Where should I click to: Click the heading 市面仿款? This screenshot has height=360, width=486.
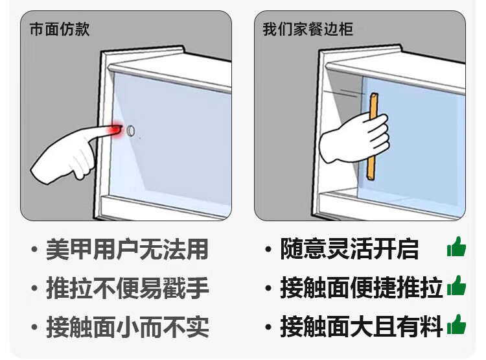click(60, 29)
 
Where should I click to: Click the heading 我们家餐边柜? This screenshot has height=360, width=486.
click(308, 29)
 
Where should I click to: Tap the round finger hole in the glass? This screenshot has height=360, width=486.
click(130, 131)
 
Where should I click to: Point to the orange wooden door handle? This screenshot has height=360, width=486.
click(372, 137)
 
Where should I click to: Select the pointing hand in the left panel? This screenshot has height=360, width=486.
click(75, 152)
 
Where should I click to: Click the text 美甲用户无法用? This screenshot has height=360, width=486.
click(127, 249)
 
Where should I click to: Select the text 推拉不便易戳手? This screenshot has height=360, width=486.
click(127, 288)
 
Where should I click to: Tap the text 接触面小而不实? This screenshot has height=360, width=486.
click(127, 327)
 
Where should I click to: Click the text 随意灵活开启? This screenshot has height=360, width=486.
click(349, 249)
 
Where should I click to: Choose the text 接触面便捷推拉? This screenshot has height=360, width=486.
click(362, 288)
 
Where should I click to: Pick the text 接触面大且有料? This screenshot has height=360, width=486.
click(362, 327)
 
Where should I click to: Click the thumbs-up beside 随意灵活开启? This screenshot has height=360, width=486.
click(457, 247)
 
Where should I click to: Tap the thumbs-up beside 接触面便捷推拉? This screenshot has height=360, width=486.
click(457, 286)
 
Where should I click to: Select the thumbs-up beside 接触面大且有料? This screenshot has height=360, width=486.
click(457, 324)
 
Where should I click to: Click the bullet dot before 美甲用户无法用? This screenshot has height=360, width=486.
click(34, 249)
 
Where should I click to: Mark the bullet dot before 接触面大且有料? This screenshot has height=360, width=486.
click(268, 327)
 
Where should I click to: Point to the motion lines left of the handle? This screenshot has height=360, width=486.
click(344, 93)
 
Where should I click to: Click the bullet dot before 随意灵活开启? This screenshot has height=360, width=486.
click(268, 249)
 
